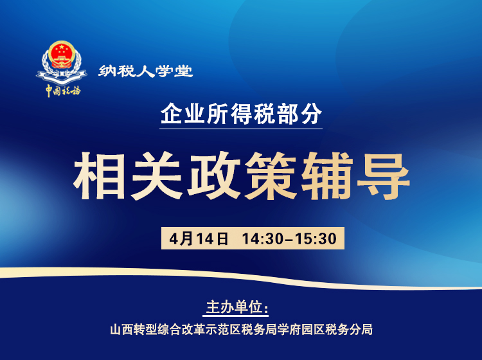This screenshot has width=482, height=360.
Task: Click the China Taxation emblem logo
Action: (62, 68)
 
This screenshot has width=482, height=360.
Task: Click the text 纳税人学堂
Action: (146, 71)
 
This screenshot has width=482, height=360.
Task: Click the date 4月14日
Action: (200, 239)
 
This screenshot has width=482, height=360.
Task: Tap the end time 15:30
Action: (316, 239)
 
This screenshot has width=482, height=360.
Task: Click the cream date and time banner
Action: (253, 239)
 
